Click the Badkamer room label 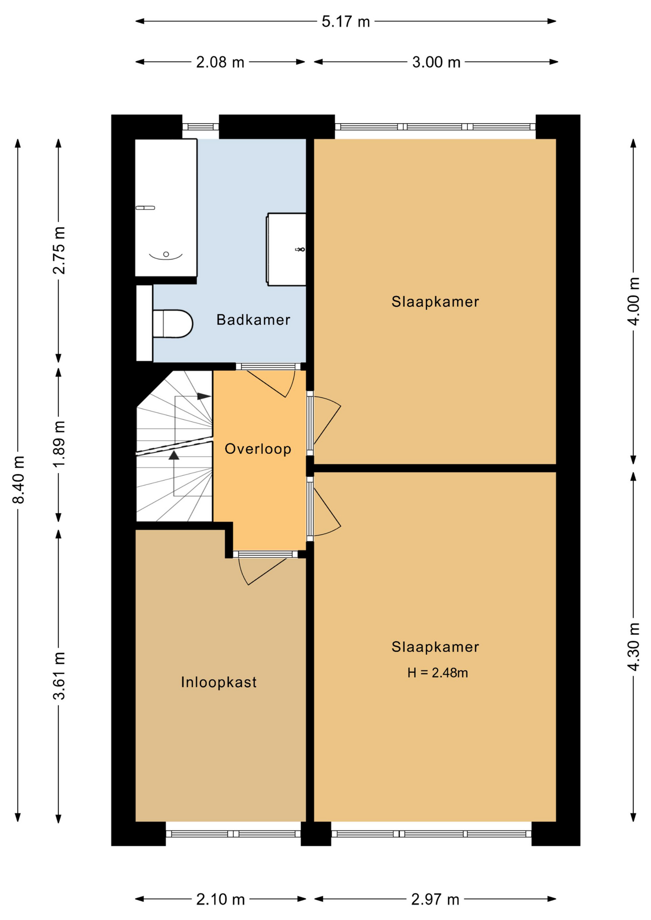(x=253, y=320)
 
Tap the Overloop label (x=258, y=449)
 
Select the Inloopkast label (x=219, y=682)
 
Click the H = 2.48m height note (x=437, y=673)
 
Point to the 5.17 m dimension (x=346, y=22)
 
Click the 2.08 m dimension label (x=220, y=62)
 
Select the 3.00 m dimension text (x=436, y=62)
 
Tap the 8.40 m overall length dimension (x=18, y=480)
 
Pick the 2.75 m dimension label (x=59, y=250)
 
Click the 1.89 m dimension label (x=59, y=445)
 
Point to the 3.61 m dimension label (x=59, y=676)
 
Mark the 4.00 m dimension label (x=634, y=301)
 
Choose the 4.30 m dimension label (x=634, y=646)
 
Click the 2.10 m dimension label (x=221, y=899)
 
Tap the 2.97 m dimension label (x=435, y=899)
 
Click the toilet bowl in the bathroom (x=173, y=324)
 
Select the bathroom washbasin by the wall (x=286, y=249)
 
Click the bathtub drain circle (x=166, y=254)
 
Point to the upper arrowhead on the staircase (x=204, y=396)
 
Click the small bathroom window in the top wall (x=200, y=127)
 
